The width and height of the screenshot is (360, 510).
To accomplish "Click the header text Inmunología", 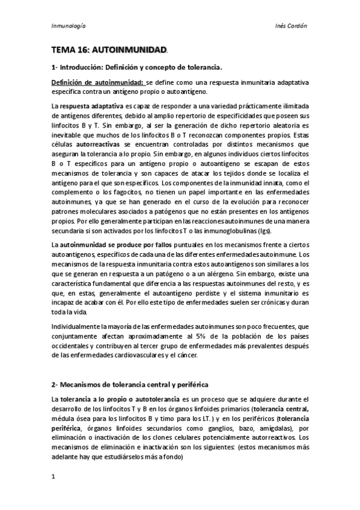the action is point(68,26).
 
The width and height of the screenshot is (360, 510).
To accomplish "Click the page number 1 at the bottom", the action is point(53,477).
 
